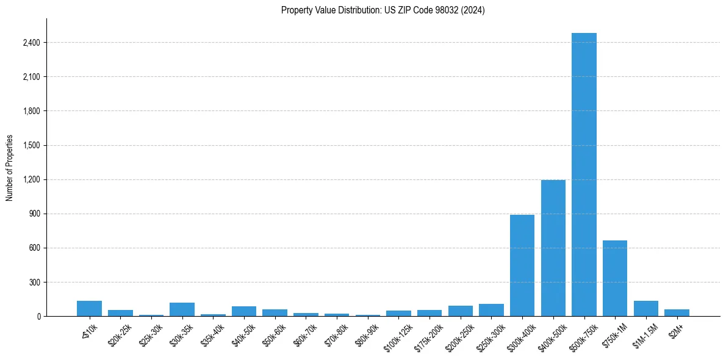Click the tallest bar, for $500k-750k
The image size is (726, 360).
tap(584, 175)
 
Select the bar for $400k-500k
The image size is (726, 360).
tap(553, 248)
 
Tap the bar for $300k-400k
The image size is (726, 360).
tap(522, 265)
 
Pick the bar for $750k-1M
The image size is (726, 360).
tap(615, 278)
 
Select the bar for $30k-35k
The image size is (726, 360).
tap(182, 309)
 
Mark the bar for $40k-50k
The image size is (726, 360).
tap(244, 311)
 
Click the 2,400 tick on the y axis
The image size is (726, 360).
tap(31, 43)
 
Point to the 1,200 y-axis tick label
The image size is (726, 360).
tap(31, 179)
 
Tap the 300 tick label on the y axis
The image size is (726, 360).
tap(35, 283)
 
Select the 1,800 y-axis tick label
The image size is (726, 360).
tap(31, 111)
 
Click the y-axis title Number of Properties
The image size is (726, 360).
tap(10, 167)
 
